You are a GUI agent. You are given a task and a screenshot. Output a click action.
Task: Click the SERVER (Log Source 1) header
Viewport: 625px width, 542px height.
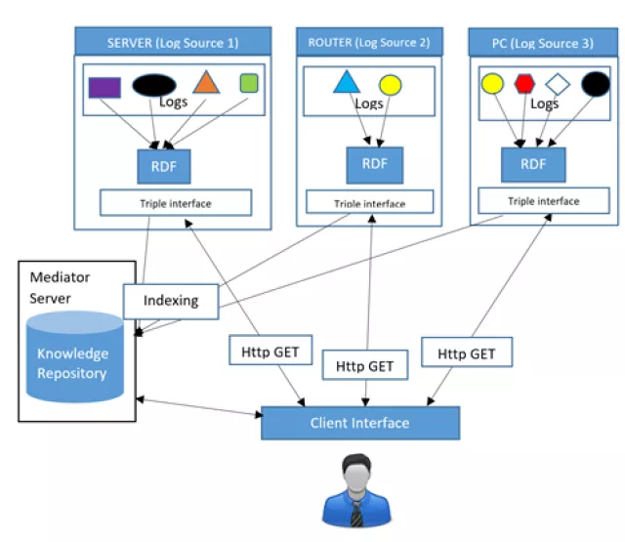coord(172,42)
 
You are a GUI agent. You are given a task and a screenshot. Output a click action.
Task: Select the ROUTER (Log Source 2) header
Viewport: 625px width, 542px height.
coord(369,42)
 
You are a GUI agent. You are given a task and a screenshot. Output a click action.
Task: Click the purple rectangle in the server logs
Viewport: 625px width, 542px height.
coord(104,87)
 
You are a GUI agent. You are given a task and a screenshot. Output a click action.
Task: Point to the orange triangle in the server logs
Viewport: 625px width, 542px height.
coord(205,83)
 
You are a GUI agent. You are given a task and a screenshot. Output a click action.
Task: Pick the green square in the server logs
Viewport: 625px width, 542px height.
coord(248,83)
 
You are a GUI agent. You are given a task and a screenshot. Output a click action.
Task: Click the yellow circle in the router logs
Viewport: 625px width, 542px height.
coord(390,85)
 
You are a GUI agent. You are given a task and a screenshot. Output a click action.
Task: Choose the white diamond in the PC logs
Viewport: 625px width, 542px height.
coord(557,84)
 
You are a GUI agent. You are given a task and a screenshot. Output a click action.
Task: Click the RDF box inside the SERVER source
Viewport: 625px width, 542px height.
coord(163,164)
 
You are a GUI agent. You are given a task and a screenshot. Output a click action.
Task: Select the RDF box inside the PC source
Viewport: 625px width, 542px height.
coord(533,164)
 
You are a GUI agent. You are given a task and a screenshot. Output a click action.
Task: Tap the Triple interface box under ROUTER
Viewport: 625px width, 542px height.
coord(369,201)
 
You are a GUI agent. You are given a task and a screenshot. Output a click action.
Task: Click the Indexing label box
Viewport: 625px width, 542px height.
coord(171,300)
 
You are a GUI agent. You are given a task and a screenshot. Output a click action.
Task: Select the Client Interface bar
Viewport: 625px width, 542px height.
coord(359,423)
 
